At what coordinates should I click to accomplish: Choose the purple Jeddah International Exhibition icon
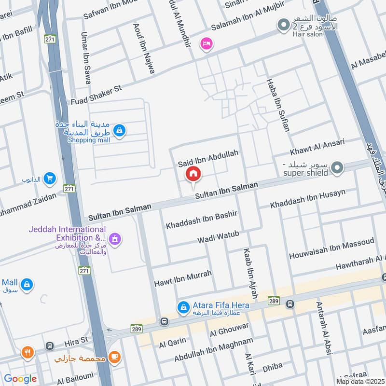[115, 238]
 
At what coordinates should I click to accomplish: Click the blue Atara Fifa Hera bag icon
[183, 306]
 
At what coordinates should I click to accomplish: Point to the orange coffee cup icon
[114, 356]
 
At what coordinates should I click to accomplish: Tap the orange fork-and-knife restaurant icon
[27, 352]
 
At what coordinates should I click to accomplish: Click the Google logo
[20, 379]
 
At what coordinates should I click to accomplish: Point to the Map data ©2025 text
[360, 381]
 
